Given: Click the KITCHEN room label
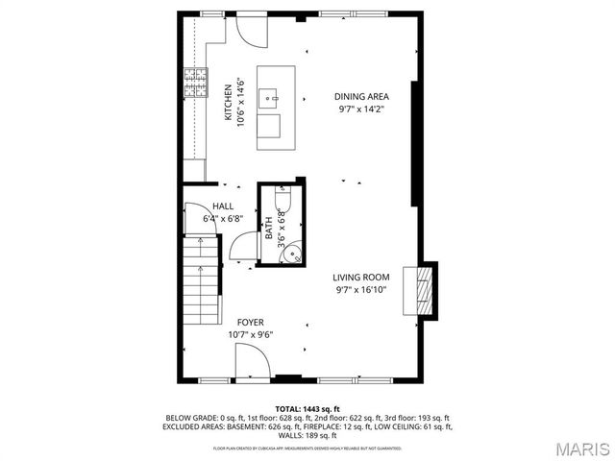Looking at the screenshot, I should pyautogui.click(x=229, y=102).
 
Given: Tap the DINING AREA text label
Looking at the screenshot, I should pyautogui.click(x=360, y=96).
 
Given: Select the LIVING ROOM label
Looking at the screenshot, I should pyautogui.click(x=361, y=277).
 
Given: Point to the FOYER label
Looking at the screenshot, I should pyautogui.click(x=251, y=323).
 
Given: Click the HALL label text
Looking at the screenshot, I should pyautogui.click(x=223, y=206).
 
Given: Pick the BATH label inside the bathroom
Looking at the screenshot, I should pyautogui.click(x=270, y=229).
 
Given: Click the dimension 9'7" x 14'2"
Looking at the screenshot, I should pyautogui.click(x=360, y=109).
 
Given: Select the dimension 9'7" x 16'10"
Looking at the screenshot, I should pyautogui.click(x=361, y=289).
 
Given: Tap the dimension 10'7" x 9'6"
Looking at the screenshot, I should pyautogui.click(x=251, y=335).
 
